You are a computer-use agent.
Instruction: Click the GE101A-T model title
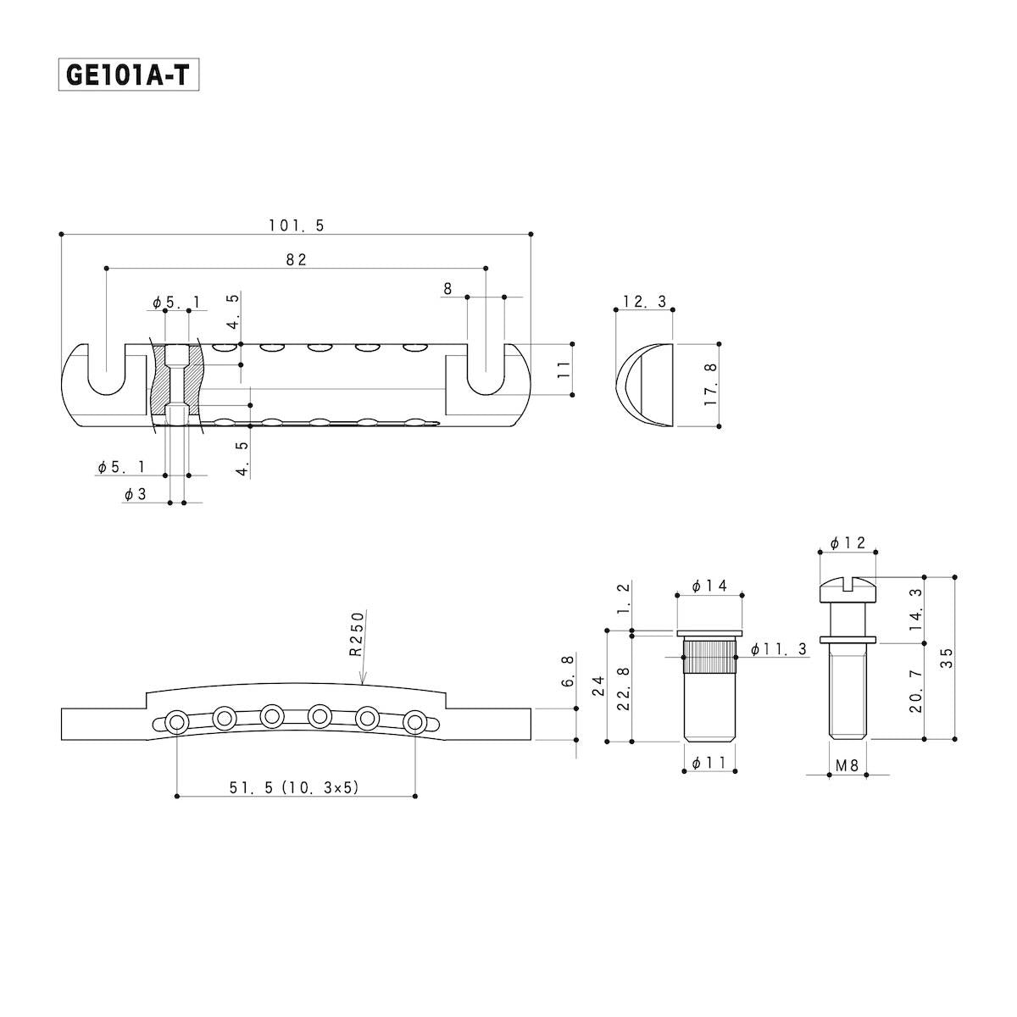(128, 75)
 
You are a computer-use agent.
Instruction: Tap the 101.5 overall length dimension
(297, 226)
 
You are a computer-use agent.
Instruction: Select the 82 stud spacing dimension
(296, 259)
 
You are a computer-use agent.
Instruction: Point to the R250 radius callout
(358, 634)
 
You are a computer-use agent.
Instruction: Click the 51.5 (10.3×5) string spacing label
(294, 787)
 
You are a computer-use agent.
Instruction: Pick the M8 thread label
(847, 765)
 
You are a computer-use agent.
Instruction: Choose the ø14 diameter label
(709, 586)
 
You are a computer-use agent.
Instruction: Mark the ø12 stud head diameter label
(847, 543)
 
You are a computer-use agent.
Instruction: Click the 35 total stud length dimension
(948, 659)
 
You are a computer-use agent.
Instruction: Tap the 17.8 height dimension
(712, 384)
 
